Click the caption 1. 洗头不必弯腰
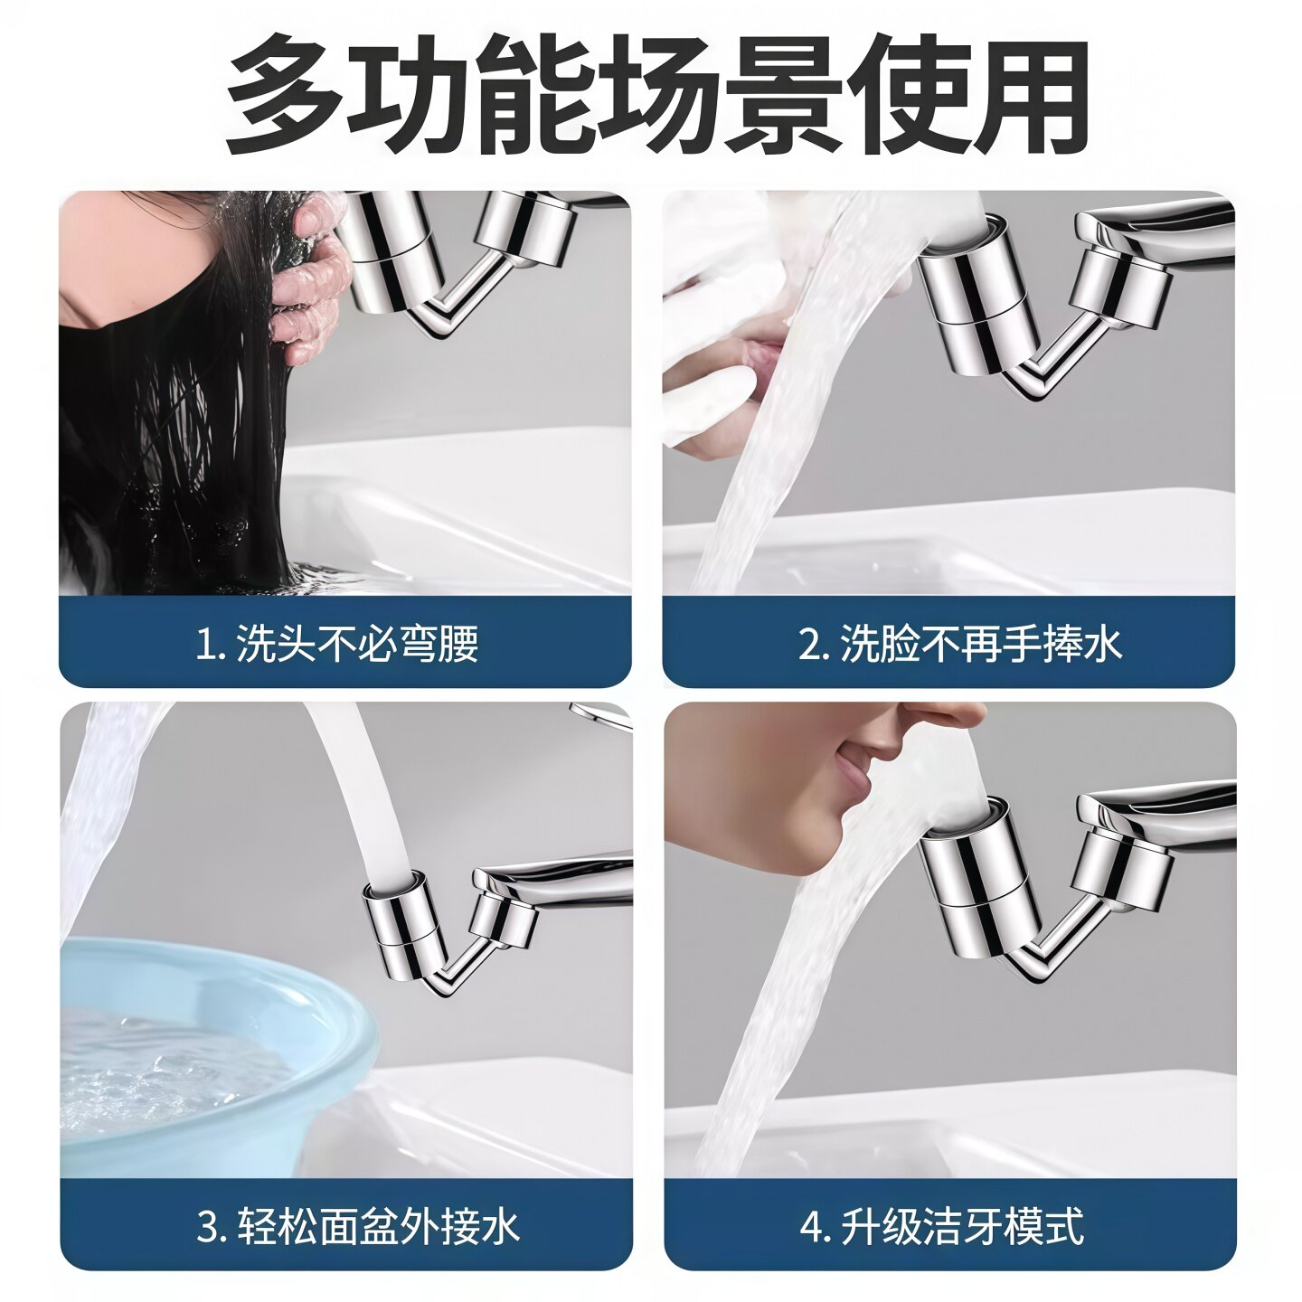(336, 644)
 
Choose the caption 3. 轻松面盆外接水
(358, 1227)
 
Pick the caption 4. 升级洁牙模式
(941, 1227)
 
